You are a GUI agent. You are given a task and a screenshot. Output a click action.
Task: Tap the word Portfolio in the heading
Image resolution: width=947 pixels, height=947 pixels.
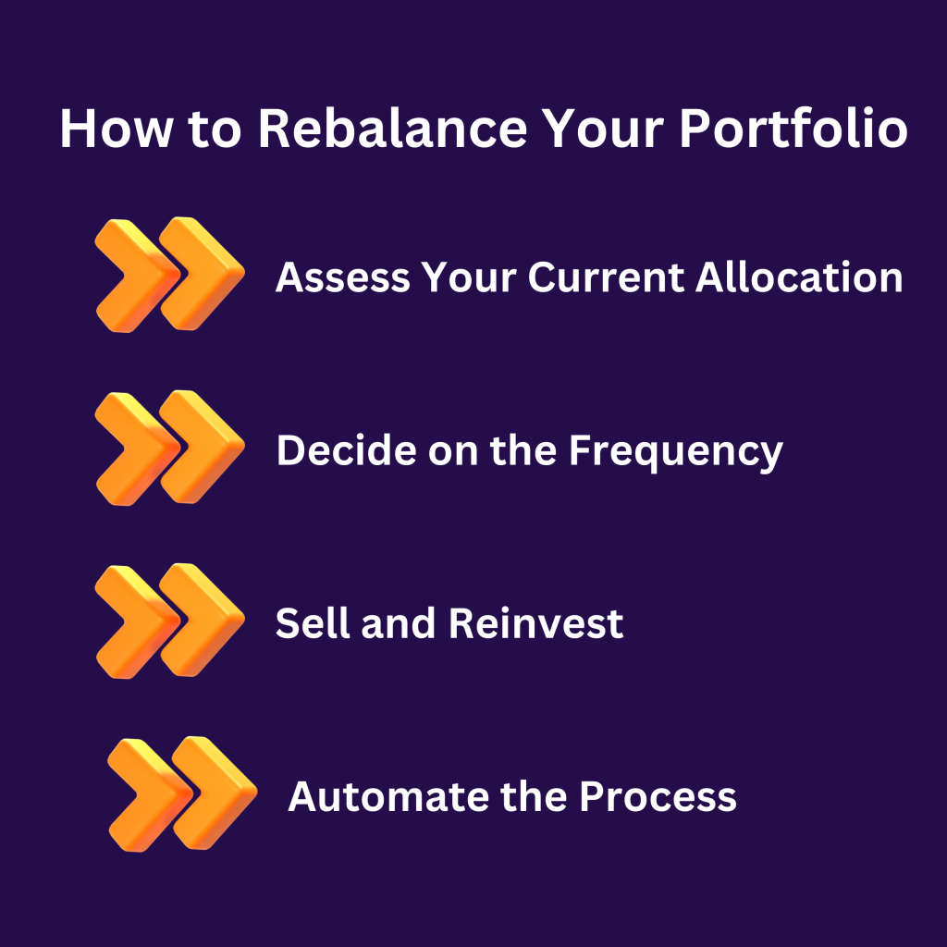point(793,128)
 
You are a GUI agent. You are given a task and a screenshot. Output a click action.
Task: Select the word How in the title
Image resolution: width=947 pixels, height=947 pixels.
point(116,128)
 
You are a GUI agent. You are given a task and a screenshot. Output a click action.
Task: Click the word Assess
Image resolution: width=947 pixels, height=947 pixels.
point(342,277)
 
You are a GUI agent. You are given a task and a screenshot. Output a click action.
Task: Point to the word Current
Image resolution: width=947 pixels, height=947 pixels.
point(606,277)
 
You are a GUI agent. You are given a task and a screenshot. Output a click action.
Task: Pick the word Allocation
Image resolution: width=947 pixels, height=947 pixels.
point(799,277)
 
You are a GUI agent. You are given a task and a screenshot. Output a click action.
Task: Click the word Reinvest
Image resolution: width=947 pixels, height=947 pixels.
point(536,624)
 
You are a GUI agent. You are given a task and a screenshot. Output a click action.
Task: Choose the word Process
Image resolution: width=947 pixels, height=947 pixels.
point(658,797)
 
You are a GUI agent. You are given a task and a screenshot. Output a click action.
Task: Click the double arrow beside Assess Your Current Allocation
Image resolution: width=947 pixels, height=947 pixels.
point(170,275)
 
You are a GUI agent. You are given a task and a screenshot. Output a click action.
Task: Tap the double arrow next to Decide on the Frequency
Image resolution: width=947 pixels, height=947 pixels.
point(170,449)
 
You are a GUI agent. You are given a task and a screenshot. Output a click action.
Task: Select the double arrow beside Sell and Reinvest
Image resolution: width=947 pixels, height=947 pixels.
point(170,621)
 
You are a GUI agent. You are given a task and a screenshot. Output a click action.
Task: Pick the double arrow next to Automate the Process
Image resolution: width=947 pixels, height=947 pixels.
point(183,794)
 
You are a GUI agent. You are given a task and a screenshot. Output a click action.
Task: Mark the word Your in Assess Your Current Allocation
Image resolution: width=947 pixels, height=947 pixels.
point(469,277)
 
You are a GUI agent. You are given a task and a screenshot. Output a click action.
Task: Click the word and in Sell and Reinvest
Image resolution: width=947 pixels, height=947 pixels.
point(399,623)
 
